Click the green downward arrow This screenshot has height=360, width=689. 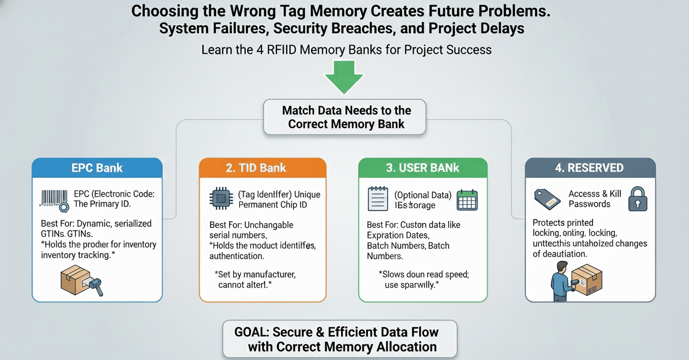pos(344,76)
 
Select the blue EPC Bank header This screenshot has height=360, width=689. pos(97,168)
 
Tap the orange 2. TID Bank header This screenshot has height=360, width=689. pos(262,168)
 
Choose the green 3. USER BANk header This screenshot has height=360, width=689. pos(423,168)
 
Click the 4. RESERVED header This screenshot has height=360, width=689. pos(590,168)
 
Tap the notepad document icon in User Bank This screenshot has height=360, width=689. pos(377,200)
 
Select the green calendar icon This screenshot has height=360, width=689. pos(467,200)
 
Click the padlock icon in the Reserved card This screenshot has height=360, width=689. pos(638,199)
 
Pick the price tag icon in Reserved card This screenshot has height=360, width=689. pos(547,199)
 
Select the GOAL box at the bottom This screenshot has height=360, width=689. pos(340,339)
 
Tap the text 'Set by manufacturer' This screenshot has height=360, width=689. pos(255,274)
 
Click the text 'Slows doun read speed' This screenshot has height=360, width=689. pos(424,274)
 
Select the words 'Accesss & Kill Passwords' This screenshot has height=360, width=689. pos(595,199)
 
